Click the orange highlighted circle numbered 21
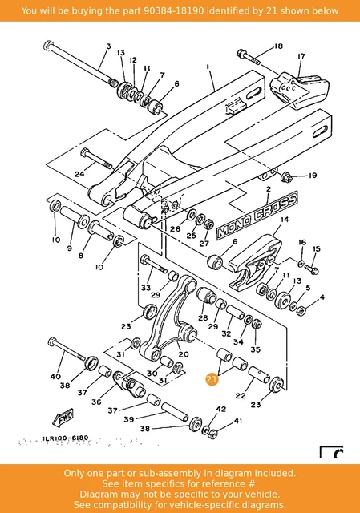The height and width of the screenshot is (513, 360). (212, 378)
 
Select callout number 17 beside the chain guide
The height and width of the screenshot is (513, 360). (301, 57)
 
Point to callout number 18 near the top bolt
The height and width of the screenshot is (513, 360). (278, 46)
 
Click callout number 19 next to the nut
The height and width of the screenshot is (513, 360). (313, 175)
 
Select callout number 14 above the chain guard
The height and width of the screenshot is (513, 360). (285, 219)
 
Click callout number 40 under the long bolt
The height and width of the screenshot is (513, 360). (55, 376)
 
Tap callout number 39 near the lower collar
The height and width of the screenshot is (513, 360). (127, 419)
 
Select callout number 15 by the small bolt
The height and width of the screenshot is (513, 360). (316, 249)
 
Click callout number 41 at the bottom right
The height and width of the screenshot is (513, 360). (237, 421)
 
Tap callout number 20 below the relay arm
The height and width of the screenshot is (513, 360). (184, 353)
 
